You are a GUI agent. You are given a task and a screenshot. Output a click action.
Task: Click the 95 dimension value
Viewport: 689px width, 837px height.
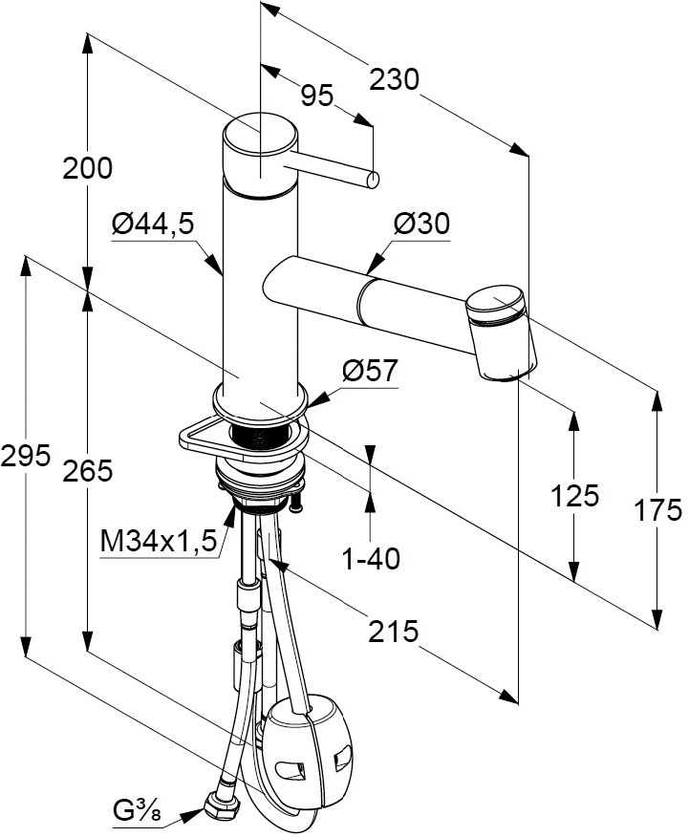[x=316, y=94]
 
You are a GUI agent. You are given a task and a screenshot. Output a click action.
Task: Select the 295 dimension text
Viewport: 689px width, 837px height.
[x=25, y=457]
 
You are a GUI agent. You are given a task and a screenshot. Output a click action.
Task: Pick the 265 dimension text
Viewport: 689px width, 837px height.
[x=88, y=469]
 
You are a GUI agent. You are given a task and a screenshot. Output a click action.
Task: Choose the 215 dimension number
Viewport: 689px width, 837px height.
[x=394, y=631]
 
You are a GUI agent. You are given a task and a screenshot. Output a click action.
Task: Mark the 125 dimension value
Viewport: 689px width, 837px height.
[x=574, y=496]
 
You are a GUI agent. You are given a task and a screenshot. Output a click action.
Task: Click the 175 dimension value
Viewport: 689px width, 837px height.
[x=658, y=510]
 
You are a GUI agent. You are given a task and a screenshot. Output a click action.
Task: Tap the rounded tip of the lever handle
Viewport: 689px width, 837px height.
[x=375, y=179]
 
